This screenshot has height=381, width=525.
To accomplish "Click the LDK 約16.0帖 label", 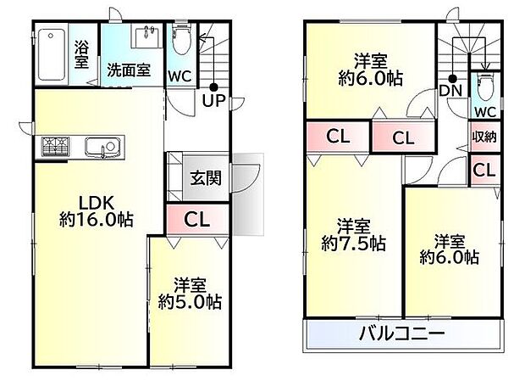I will pyautogui.click(x=96, y=210).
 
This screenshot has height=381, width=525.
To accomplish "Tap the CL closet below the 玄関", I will pyautogui.click(x=196, y=220).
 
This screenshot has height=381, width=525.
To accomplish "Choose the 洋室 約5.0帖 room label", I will pyautogui.click(x=190, y=293).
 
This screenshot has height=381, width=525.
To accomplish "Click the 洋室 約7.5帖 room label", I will pyautogui.click(x=352, y=234).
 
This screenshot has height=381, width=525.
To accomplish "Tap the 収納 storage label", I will pyautogui.click(x=484, y=137).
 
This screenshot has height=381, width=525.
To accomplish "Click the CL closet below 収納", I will pyautogui.click(x=484, y=170).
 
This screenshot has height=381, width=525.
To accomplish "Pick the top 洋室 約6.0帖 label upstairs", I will pyautogui.click(x=371, y=69).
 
